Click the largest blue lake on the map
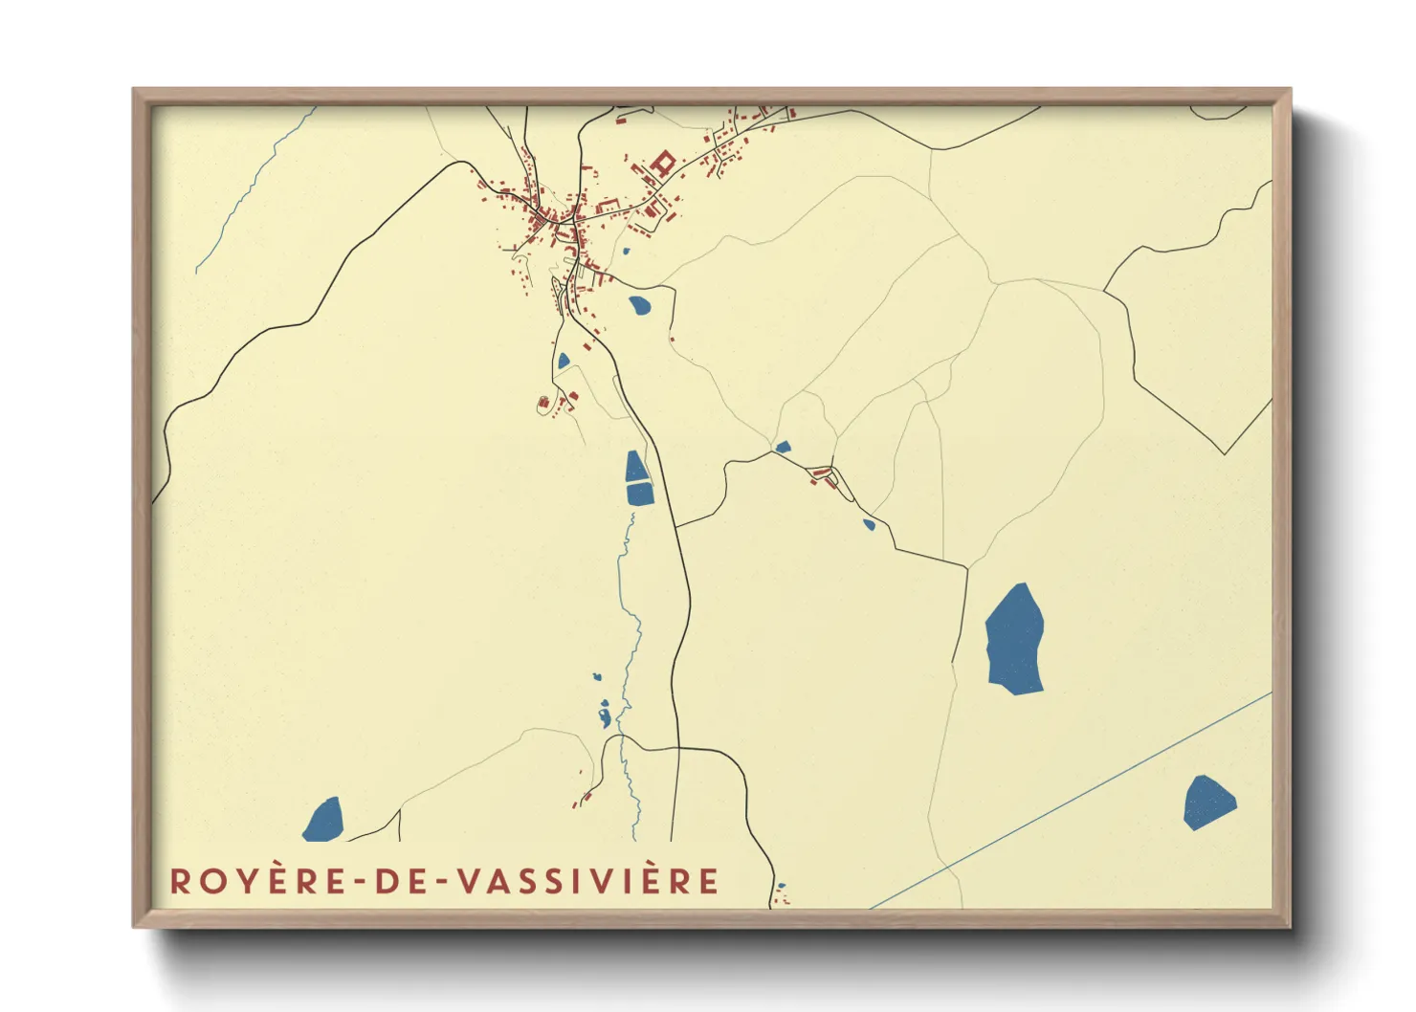[1015, 639]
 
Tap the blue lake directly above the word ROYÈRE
[324, 821]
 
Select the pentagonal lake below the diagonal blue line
[1208, 802]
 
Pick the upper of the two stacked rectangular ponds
[635, 467]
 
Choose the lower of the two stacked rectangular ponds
[639, 495]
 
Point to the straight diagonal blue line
[1072, 799]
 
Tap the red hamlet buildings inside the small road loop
[821, 473]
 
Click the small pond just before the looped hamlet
[783, 447]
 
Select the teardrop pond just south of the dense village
[639, 306]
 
